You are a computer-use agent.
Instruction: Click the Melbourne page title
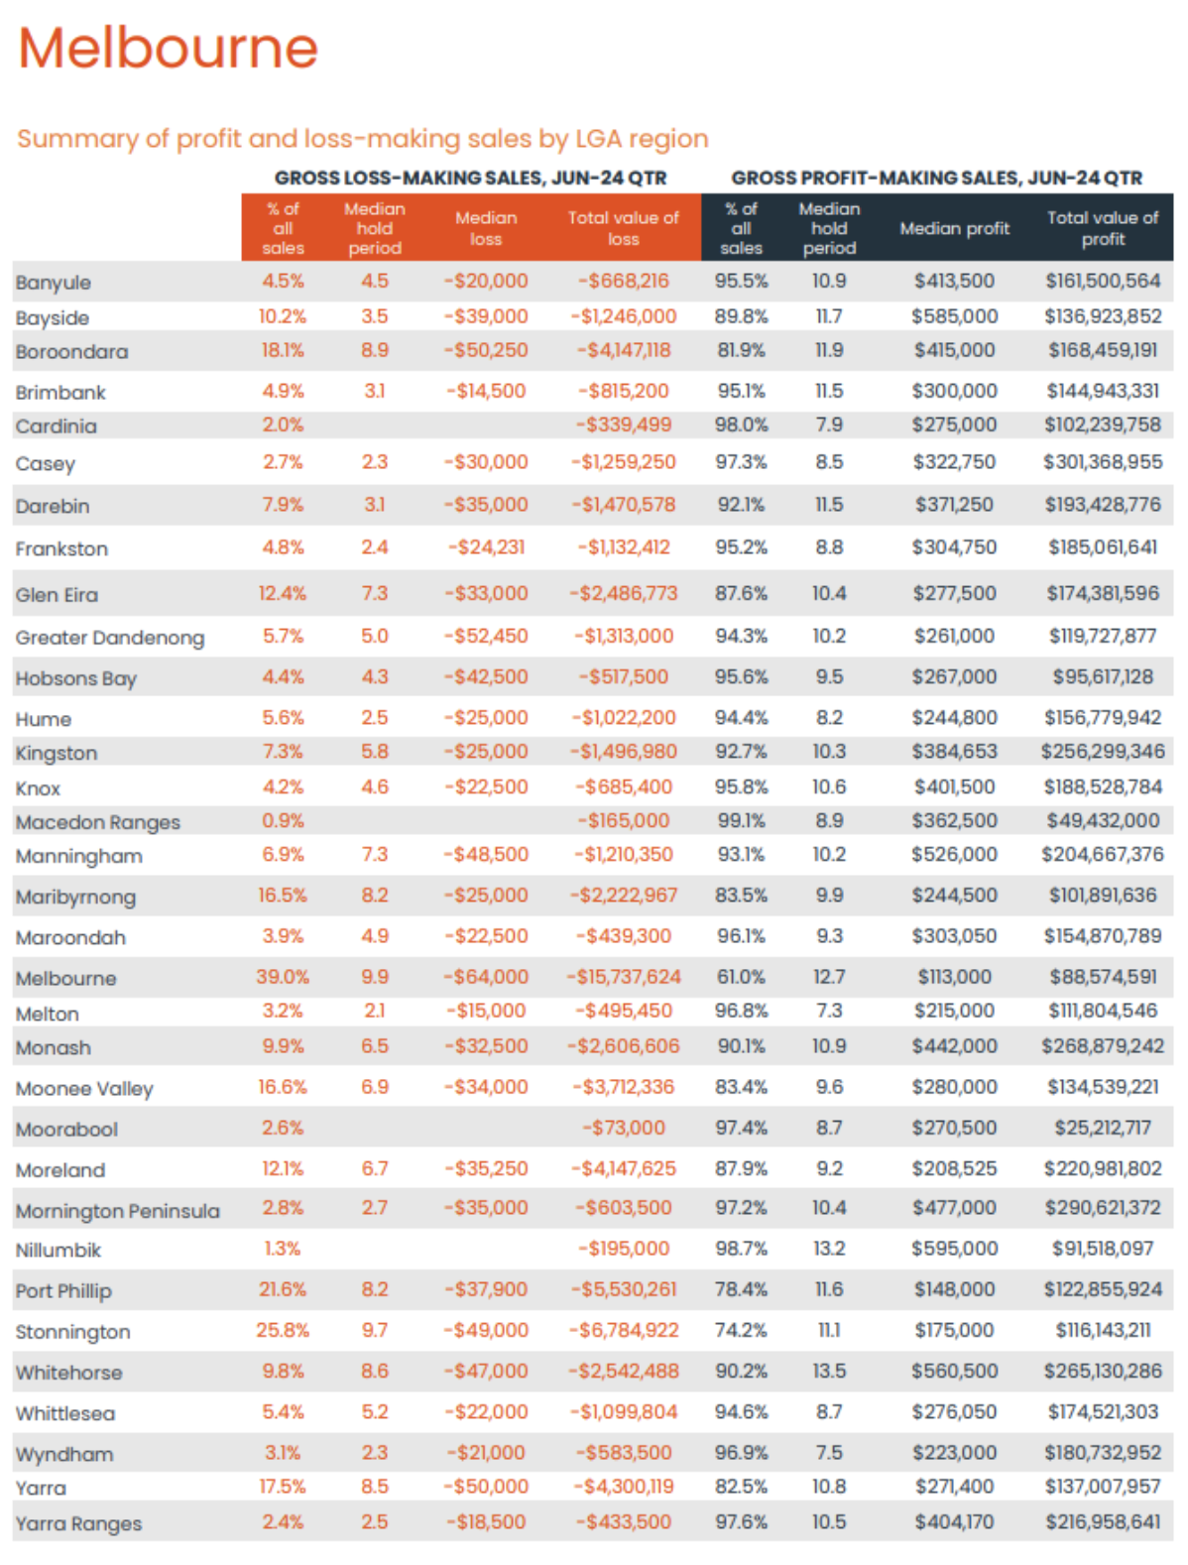tap(168, 48)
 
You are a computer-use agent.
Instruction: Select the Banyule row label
tap(54, 283)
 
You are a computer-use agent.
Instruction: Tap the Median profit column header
tap(954, 228)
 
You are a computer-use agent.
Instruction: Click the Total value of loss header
tap(623, 228)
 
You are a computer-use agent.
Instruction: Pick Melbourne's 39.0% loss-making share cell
tap(283, 977)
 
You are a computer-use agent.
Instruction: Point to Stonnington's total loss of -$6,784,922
tap(624, 1330)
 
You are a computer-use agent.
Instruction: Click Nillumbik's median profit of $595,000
tap(954, 1249)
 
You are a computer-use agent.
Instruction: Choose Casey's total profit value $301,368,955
tap(1103, 462)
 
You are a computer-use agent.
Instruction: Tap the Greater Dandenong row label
tap(110, 638)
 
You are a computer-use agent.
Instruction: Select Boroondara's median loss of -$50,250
tap(486, 350)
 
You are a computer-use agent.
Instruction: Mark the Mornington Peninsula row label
tap(118, 1211)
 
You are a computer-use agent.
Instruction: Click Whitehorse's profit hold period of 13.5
tap(829, 1371)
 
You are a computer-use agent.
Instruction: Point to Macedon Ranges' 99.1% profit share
tap(741, 820)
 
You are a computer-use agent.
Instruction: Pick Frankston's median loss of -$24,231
tap(486, 546)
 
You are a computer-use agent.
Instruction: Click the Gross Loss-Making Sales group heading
tap(470, 179)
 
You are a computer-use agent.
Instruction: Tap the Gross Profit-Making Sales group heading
tap(936, 179)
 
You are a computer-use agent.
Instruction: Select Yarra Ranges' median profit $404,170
tap(954, 1521)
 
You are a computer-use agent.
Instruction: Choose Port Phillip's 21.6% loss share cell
tap(283, 1289)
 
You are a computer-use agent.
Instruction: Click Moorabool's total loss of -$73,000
tap(623, 1128)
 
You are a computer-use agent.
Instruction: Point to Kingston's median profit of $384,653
tap(954, 752)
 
